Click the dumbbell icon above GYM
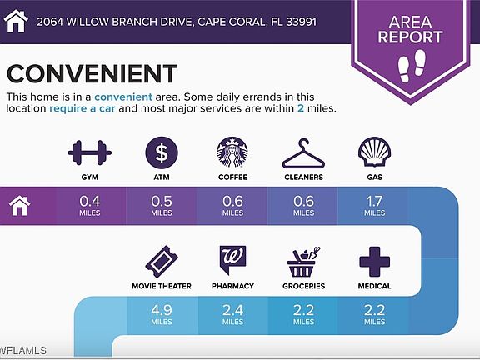(90, 152)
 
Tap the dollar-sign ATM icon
(162, 152)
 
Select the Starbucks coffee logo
(232, 152)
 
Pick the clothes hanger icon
(303, 153)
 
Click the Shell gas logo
(375, 152)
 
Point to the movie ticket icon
(162, 262)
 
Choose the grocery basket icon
(303, 262)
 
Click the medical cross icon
(375, 262)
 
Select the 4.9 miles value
(162, 315)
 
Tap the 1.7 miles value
(375, 206)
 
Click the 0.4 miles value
(90, 206)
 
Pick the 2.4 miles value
(232, 315)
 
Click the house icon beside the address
(16, 21)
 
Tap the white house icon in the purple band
(20, 206)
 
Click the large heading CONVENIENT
(92, 74)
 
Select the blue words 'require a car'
(82, 108)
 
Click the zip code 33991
(301, 22)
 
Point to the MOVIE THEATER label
(162, 286)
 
